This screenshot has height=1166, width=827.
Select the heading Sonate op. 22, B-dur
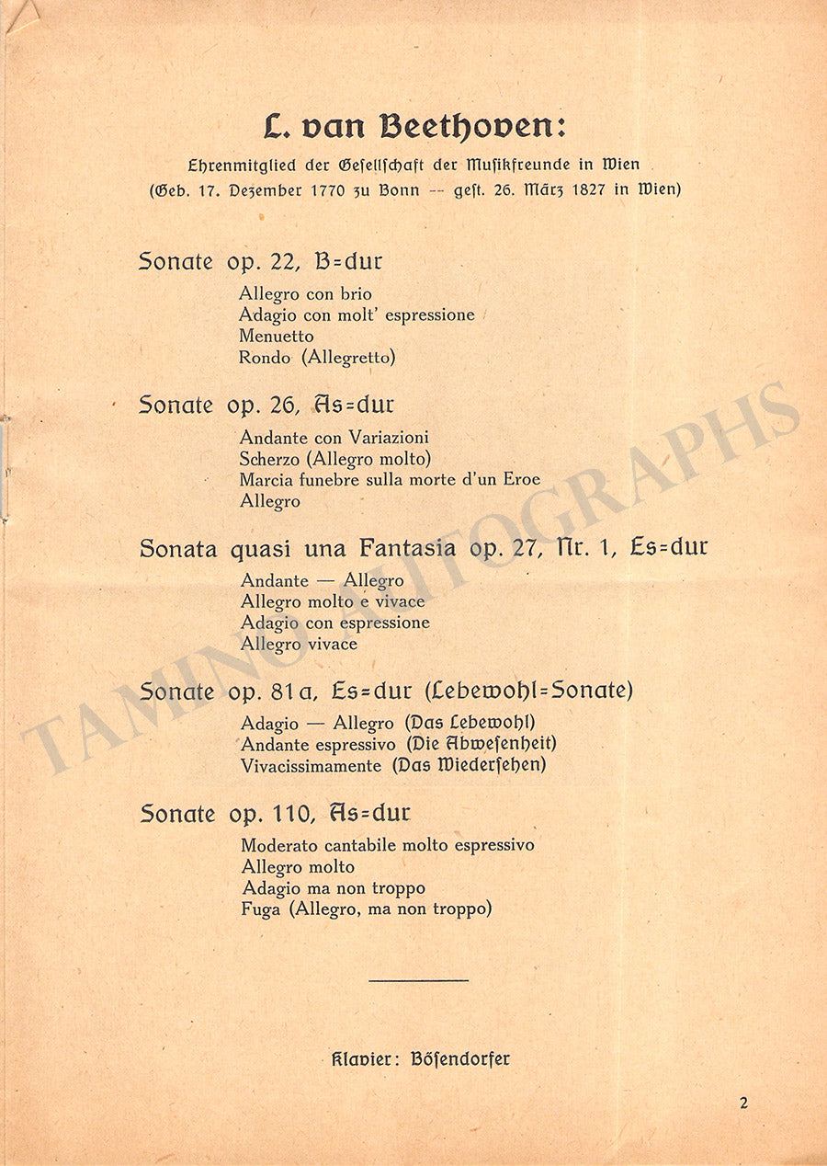coord(260,261)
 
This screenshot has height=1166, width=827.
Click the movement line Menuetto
coord(276,337)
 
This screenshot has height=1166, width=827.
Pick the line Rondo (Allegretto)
coord(317,358)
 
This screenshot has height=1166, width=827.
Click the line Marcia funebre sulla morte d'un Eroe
coord(390,479)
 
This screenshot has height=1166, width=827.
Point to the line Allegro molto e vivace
coord(333,601)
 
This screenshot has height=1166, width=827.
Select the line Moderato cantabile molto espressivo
coord(387,845)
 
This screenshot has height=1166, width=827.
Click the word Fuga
coord(260,909)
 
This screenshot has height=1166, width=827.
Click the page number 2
coord(743,1103)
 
